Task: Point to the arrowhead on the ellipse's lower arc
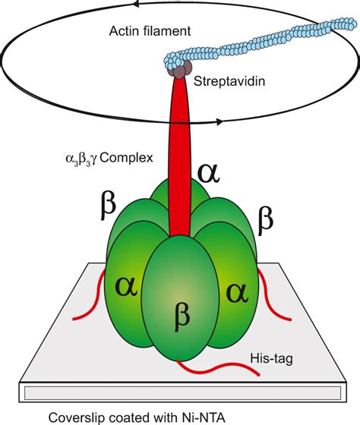219,121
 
